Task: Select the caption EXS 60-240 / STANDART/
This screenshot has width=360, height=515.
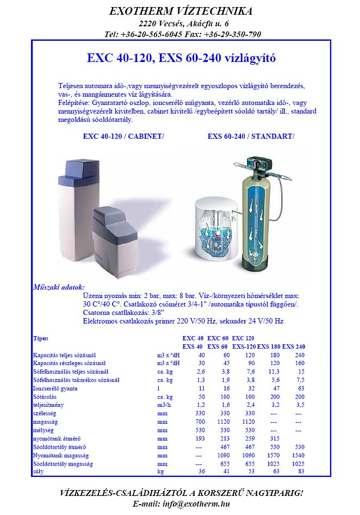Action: [x=251, y=136]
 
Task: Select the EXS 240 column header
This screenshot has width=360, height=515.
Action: [x=294, y=346]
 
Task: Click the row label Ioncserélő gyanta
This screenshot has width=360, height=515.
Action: [x=55, y=388]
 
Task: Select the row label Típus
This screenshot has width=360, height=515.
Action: [x=41, y=338]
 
